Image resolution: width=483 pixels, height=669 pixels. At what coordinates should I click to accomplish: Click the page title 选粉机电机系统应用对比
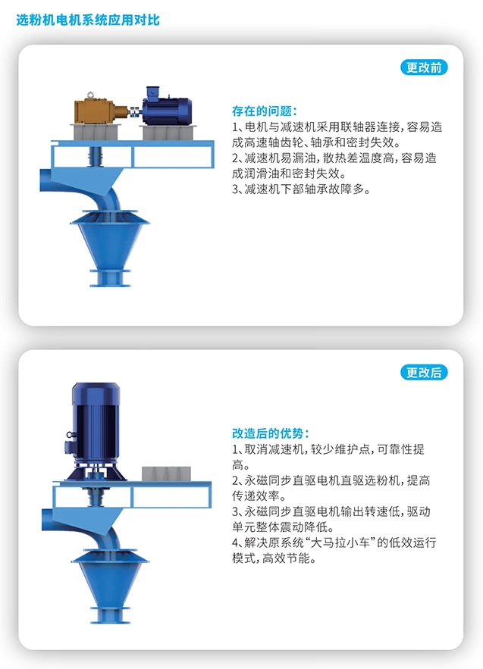(x=88, y=20)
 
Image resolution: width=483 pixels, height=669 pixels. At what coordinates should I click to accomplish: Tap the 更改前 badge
(x=423, y=67)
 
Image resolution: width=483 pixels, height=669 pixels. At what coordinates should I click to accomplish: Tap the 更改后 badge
(x=423, y=372)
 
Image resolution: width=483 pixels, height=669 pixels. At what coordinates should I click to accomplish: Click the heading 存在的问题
(x=265, y=111)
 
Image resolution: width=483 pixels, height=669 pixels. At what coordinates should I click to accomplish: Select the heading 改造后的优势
(x=270, y=433)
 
